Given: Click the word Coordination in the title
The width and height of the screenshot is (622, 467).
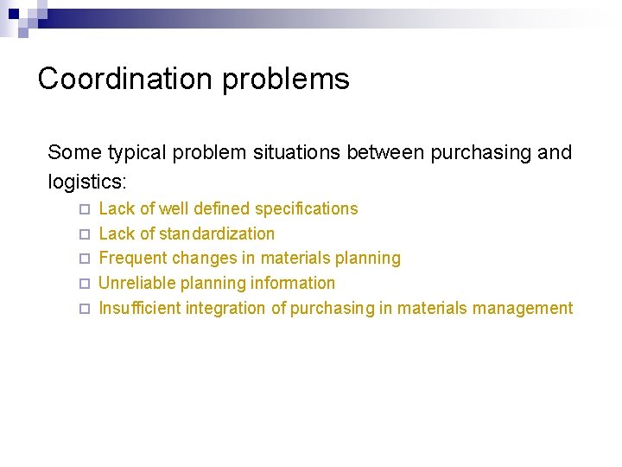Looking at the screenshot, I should (126, 79).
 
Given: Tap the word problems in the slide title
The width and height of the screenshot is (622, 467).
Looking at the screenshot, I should (286, 80).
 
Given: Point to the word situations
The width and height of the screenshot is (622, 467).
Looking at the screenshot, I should (297, 153).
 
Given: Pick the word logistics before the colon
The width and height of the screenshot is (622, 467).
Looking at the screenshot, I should (85, 182).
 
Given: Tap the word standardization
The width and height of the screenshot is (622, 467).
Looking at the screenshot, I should (217, 233).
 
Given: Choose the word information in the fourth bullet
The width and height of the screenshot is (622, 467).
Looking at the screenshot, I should (293, 283).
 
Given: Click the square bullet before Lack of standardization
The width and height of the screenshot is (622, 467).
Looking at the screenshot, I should (84, 234).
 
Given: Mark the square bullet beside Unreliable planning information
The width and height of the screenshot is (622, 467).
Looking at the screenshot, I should (84, 284).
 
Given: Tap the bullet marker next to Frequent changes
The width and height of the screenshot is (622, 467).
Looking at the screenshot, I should (84, 259).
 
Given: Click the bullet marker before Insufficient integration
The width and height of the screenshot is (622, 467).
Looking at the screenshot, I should (84, 309).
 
